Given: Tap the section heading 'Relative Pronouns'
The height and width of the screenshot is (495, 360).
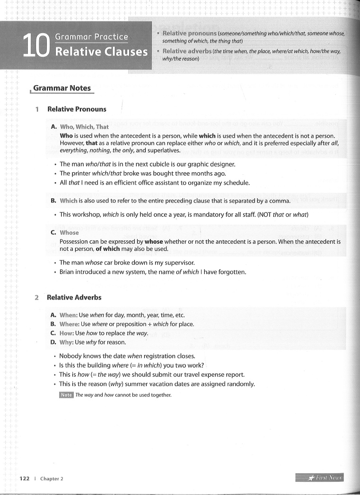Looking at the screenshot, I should tap(77, 109).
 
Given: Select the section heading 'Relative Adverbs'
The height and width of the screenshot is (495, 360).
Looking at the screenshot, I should tap(74, 298).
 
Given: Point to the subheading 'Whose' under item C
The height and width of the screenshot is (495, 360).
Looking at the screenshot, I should tap(69, 233).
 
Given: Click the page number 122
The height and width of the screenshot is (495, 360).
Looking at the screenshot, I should tap(25, 478).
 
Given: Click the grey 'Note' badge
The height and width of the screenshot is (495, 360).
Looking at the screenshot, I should tap(66, 395).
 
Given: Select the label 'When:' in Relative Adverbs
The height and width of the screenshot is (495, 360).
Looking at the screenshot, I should tap(69, 315).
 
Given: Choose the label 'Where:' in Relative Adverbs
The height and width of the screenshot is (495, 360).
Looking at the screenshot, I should tap(70, 324).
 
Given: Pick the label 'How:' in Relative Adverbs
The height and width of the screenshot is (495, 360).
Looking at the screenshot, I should tap(67, 333).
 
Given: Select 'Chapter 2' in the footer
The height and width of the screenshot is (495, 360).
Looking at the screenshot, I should tap(52, 478).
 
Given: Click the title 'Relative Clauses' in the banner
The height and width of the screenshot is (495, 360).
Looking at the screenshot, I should tap(101, 51).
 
